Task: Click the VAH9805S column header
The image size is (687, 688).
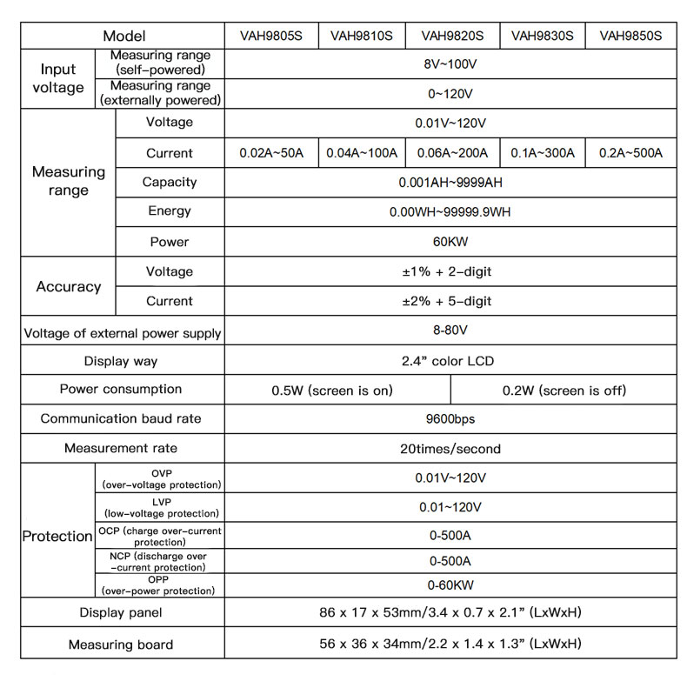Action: (x=271, y=36)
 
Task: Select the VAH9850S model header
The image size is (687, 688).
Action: (x=630, y=36)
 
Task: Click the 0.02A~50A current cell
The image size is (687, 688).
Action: (x=271, y=153)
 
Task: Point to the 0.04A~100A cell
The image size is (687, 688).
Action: (x=362, y=153)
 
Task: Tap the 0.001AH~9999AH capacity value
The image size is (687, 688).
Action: (x=450, y=183)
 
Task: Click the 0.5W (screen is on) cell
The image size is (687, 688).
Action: (x=332, y=391)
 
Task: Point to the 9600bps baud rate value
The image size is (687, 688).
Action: (x=450, y=419)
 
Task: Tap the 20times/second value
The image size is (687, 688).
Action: (x=450, y=449)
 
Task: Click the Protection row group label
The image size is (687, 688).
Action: (x=57, y=537)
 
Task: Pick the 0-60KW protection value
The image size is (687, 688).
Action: (x=450, y=585)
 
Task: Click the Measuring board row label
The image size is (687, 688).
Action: (x=121, y=645)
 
